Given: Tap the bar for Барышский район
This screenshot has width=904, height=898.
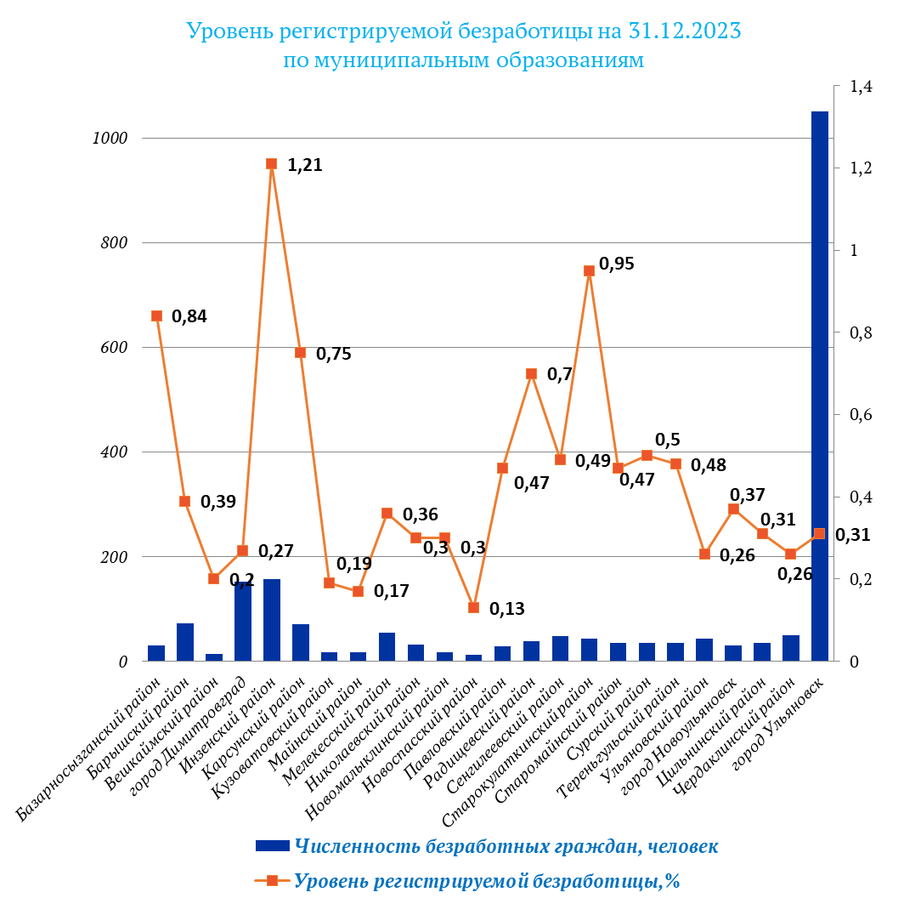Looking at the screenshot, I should [x=185, y=642].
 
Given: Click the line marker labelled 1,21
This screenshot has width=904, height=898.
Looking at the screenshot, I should [x=272, y=164].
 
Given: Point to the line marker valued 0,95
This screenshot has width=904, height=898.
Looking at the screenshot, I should [x=589, y=271].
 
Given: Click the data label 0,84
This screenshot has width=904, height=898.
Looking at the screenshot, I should [x=189, y=316].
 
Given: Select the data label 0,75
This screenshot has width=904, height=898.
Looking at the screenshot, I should [x=333, y=354].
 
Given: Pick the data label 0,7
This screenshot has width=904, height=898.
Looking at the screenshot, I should [x=559, y=374].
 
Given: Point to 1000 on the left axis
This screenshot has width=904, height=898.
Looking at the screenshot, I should [x=109, y=139].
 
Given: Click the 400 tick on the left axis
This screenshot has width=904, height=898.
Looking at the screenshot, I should [x=112, y=452].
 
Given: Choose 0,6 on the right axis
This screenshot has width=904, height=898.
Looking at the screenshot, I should [x=861, y=415].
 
